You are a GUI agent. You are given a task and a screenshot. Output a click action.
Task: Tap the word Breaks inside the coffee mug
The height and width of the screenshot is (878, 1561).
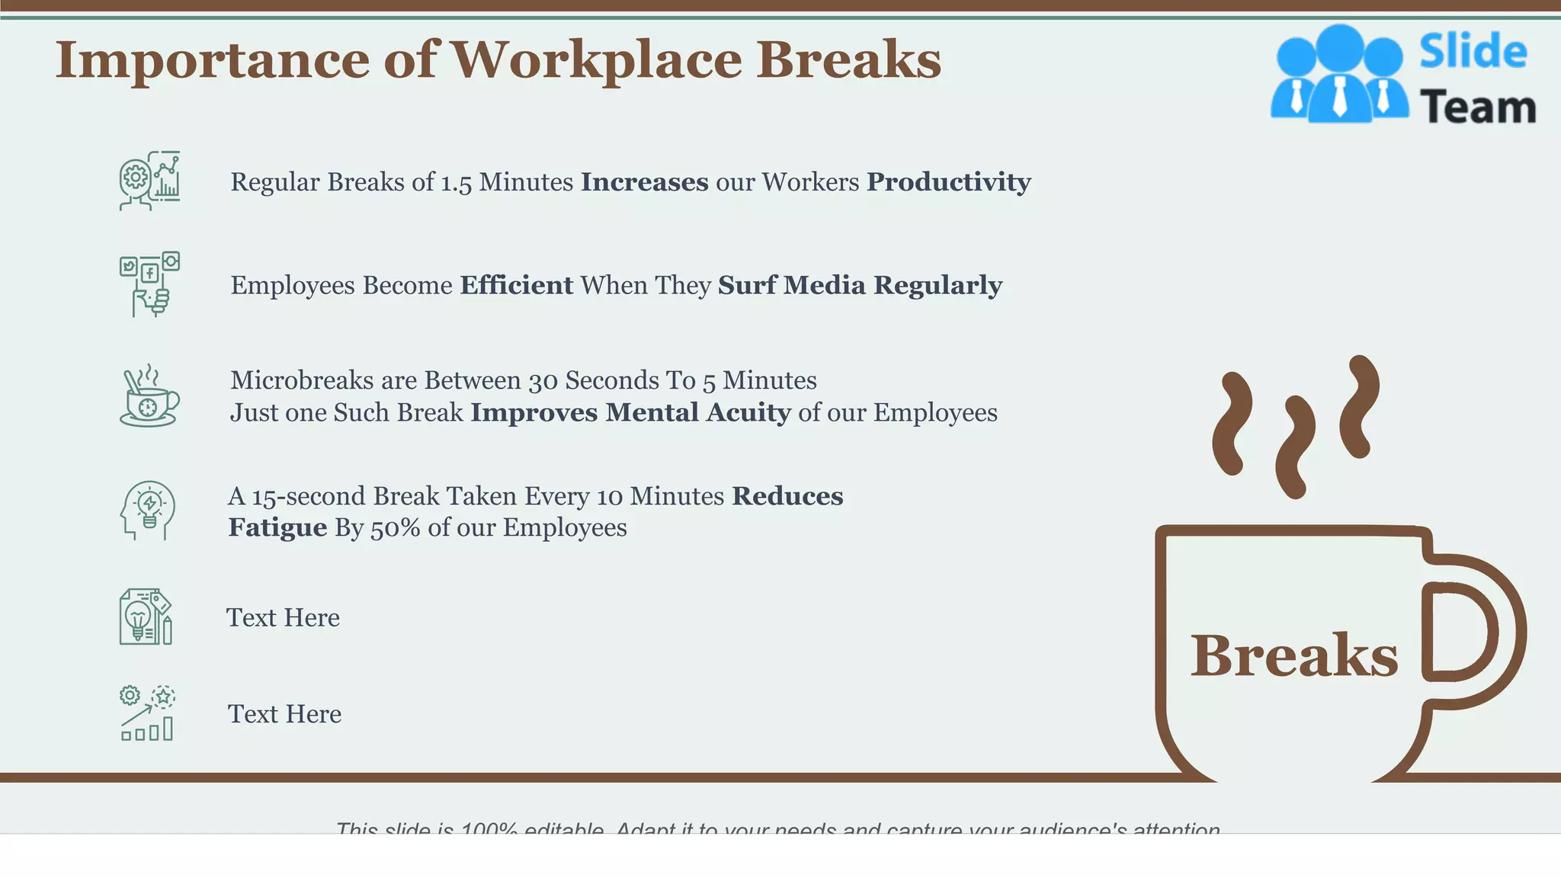click(x=1294, y=655)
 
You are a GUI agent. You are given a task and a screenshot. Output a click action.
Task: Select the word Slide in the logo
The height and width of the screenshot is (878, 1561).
click(x=1473, y=52)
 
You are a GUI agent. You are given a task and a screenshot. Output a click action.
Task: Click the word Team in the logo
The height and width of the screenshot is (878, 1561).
click(x=1478, y=107)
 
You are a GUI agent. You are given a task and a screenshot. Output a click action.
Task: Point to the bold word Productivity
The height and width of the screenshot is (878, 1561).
click(x=949, y=182)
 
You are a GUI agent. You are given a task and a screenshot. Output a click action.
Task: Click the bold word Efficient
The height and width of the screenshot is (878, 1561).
click(x=516, y=285)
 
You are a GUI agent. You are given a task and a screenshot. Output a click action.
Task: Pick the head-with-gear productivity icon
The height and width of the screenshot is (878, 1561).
click(x=149, y=181)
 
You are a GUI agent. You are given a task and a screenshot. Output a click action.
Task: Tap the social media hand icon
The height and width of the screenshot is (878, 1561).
click(x=149, y=284)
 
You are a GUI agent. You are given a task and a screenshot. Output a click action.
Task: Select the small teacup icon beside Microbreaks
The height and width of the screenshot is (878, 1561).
click(x=149, y=396)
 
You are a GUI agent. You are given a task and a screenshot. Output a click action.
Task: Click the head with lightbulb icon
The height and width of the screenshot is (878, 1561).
click(x=148, y=511)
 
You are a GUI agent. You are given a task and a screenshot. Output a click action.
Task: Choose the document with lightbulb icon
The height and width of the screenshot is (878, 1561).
click(x=146, y=617)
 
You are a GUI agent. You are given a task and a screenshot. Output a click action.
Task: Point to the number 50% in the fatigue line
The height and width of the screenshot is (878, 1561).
click(x=395, y=528)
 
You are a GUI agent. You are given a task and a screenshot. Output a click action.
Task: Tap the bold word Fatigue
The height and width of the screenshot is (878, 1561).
click(x=277, y=528)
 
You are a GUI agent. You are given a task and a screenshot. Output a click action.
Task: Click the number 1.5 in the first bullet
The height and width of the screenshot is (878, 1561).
click(x=457, y=183)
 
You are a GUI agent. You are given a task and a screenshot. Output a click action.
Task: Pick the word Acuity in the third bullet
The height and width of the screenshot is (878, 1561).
click(x=748, y=413)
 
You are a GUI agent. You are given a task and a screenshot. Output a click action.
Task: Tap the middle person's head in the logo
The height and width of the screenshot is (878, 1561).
click(x=1339, y=47)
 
